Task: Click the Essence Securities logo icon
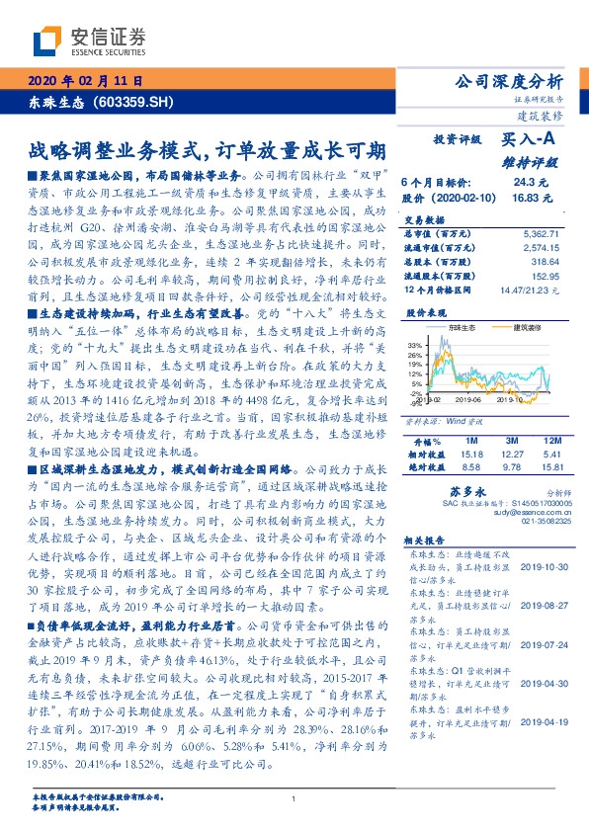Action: (47, 40)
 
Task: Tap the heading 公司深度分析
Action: (507, 81)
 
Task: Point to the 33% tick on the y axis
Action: (414, 345)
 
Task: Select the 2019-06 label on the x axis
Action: (465, 400)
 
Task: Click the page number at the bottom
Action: (294, 798)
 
